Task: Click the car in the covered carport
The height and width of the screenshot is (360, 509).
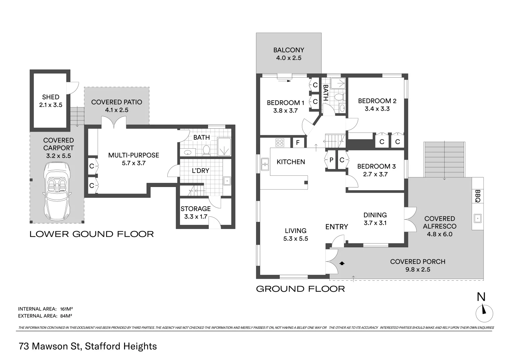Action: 57,191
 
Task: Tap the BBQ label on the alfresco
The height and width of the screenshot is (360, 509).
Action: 478,196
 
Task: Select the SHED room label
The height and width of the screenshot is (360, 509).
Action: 51,97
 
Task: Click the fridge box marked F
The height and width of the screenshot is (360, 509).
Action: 298,143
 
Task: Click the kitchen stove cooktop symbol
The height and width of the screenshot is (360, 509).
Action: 280,143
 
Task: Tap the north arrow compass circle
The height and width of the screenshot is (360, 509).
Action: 484,313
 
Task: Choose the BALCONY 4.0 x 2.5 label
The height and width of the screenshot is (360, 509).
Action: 289,54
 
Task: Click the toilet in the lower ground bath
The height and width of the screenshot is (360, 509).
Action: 206,150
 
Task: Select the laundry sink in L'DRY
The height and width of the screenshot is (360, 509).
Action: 227,181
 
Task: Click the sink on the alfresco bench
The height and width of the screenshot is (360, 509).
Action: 478,218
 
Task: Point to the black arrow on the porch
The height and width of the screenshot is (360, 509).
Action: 342,263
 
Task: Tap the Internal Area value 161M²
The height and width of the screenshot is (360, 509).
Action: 66,309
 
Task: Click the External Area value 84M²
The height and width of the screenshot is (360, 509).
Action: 66,316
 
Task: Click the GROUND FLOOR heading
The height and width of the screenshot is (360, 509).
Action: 300,289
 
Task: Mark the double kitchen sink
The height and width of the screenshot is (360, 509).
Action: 265,164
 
